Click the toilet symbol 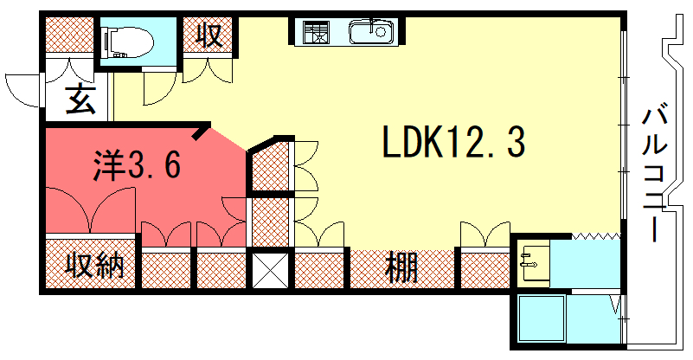tap(126, 40)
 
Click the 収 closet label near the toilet tap(209, 36)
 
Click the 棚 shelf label tap(402, 267)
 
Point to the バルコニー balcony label tap(655, 173)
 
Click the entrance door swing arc tap(22, 87)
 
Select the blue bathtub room tap(542, 319)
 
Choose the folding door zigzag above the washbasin tap(596, 235)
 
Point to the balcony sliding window tap(623, 130)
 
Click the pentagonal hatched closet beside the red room tap(271, 164)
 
